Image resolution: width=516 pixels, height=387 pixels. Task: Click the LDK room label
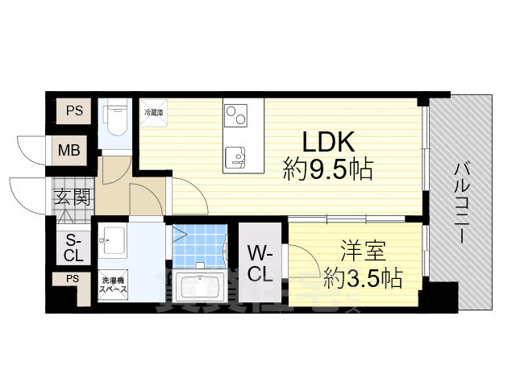coord(328,142)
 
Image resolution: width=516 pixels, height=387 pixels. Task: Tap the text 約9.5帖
coord(327,169)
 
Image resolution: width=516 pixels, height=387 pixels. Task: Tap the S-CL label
coord(73,248)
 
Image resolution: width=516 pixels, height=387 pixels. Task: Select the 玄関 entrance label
coord(72,197)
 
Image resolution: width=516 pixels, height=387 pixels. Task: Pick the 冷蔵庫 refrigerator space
coord(154,113)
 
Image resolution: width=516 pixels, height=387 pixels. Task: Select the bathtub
coord(202,287)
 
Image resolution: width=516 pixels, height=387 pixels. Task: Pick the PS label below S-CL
coord(73,279)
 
